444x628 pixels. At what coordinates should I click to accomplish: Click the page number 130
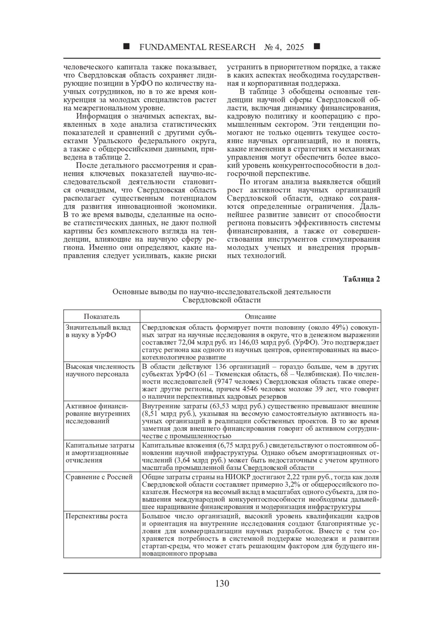[222, 584]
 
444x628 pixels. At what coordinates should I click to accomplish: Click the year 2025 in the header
[295, 47]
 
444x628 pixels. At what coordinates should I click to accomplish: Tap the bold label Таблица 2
[361, 279]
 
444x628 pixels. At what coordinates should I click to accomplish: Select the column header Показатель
[102, 316]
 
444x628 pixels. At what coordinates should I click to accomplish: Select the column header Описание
[260, 316]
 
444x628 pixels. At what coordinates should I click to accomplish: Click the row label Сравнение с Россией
[99, 477]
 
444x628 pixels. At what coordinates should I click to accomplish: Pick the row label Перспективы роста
[97, 516]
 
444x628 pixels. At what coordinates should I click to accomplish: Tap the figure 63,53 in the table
[221, 406]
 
